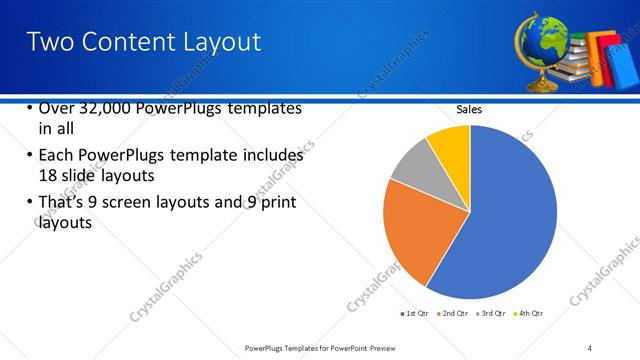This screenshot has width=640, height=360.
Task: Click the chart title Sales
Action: [470, 109]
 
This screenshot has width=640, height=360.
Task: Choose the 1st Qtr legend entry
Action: [413, 313]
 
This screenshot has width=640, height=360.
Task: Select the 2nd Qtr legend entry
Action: [450, 313]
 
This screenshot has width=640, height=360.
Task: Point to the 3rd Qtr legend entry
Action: [489, 313]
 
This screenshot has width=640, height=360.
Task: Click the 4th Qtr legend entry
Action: [527, 313]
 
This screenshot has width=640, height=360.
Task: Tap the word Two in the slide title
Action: [48, 41]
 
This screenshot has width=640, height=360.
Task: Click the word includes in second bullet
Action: [271, 156]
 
